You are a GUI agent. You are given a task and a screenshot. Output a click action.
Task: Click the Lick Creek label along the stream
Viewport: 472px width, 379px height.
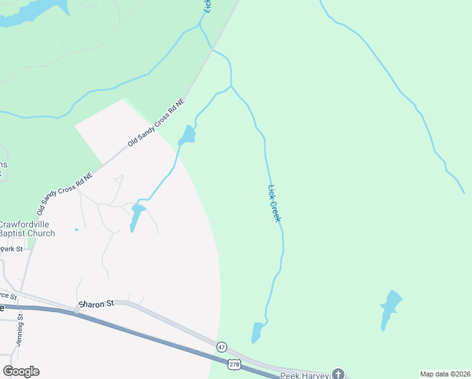click(274, 203)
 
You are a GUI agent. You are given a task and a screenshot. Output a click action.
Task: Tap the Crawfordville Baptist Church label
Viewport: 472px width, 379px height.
click(27, 229)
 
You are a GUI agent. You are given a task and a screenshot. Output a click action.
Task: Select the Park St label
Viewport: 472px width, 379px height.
click(11, 250)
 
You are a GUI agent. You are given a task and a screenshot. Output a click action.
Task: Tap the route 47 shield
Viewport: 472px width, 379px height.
click(221, 347)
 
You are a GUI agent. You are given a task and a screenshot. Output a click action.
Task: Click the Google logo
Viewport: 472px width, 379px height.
click(21, 371)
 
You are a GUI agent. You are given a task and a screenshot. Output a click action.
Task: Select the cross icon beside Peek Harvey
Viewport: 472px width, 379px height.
click(339, 374)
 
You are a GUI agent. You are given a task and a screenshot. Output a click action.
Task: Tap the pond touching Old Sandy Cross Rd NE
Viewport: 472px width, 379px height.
click(187, 135)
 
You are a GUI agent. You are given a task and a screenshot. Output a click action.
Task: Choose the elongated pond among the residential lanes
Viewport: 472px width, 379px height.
click(135, 218)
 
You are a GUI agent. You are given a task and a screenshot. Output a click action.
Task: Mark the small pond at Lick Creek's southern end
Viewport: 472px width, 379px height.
click(256, 332)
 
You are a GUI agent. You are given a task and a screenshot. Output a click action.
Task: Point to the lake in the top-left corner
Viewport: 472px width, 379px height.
click(25, 13)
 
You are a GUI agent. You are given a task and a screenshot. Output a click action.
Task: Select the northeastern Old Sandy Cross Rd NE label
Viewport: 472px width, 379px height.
click(156, 123)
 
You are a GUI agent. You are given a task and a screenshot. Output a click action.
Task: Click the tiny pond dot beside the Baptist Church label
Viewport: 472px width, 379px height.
click(76, 229)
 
